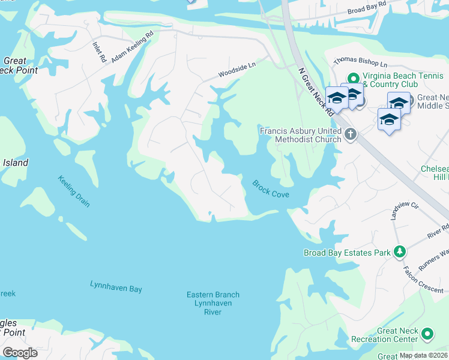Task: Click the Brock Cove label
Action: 271,189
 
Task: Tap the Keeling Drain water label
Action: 74,191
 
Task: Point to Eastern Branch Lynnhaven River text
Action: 213,299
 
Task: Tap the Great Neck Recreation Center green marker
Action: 427,334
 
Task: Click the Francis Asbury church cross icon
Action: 350,135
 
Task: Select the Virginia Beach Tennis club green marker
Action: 354,78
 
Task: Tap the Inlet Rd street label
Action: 100,52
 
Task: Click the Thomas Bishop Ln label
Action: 360,62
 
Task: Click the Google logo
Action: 20,352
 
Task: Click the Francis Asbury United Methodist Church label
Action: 300,135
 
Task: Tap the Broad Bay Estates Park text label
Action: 346,253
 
